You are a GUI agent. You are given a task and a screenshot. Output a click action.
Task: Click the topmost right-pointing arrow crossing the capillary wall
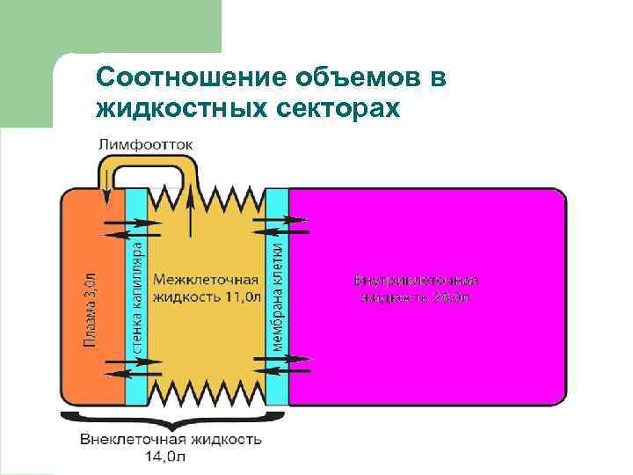pyautogui.click(x=133, y=223)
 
